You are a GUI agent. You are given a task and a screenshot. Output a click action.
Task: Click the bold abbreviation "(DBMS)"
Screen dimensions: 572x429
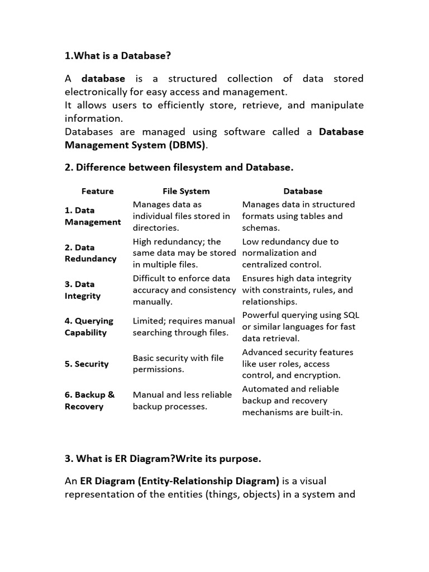(186, 145)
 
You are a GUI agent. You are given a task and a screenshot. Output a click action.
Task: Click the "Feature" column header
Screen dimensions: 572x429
(97, 191)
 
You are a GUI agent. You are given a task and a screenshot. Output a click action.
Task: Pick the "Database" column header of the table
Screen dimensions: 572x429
(303, 191)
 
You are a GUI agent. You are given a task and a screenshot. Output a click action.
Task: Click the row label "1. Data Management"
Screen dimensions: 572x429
(92, 216)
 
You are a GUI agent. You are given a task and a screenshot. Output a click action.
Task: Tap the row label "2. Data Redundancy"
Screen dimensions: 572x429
(90, 253)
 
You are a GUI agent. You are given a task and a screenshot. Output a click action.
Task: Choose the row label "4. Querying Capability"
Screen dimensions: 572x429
(89, 327)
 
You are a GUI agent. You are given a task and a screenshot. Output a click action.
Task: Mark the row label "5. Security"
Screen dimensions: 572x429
(86, 364)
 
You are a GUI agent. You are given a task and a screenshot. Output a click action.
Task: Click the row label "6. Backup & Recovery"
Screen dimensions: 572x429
(89, 401)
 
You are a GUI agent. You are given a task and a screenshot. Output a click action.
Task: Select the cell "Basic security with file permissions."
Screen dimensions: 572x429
(178, 364)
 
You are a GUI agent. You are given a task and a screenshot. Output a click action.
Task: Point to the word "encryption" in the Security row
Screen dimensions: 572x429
(318, 375)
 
